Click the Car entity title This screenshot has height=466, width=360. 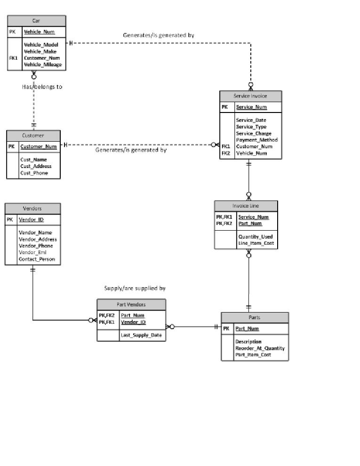(x=36, y=21)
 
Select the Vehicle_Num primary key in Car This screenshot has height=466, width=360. (x=39, y=32)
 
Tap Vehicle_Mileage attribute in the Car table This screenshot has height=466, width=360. (x=43, y=64)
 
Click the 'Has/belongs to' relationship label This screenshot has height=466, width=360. (x=42, y=87)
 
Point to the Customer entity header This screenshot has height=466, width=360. (x=33, y=136)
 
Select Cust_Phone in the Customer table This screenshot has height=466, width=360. (x=34, y=173)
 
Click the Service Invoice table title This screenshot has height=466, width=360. (x=250, y=96)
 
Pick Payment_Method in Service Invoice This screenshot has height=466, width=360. (x=256, y=140)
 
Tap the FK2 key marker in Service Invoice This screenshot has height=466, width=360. (x=226, y=153)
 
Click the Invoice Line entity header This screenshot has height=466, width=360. (x=246, y=206)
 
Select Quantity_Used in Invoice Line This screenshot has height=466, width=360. (x=255, y=237)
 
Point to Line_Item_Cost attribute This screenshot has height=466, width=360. (x=256, y=243)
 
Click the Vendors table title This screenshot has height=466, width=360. (x=32, y=209)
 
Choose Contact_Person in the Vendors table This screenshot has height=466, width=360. (x=37, y=259)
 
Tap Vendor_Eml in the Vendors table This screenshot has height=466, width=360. (x=32, y=252)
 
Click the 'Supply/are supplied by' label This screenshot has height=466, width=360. (x=135, y=288)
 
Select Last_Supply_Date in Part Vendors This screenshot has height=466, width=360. (x=141, y=335)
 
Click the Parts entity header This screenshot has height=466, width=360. (x=254, y=318)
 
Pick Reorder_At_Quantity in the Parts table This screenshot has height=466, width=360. (x=260, y=348)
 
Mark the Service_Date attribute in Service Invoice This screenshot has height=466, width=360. (x=251, y=120)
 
